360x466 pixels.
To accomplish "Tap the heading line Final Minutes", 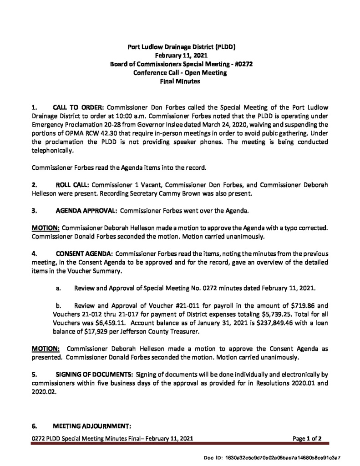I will pyautogui.click(x=181, y=81).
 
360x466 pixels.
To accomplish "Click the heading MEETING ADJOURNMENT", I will pyautogui.click(x=92, y=426).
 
